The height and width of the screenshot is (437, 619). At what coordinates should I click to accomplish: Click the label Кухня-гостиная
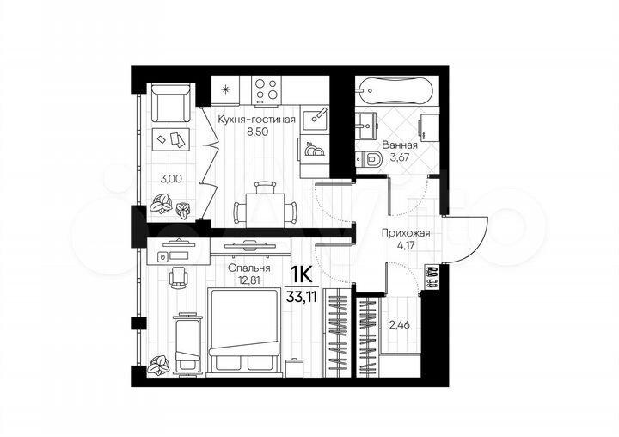(x=257, y=120)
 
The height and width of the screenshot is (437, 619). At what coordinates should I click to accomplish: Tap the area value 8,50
(x=257, y=132)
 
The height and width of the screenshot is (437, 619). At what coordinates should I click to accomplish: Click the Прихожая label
(x=405, y=232)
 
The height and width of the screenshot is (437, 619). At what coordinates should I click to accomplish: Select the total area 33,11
(x=301, y=299)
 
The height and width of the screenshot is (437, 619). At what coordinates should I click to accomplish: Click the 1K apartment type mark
(x=300, y=277)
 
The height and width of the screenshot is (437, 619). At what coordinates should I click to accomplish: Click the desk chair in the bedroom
(x=178, y=276)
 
